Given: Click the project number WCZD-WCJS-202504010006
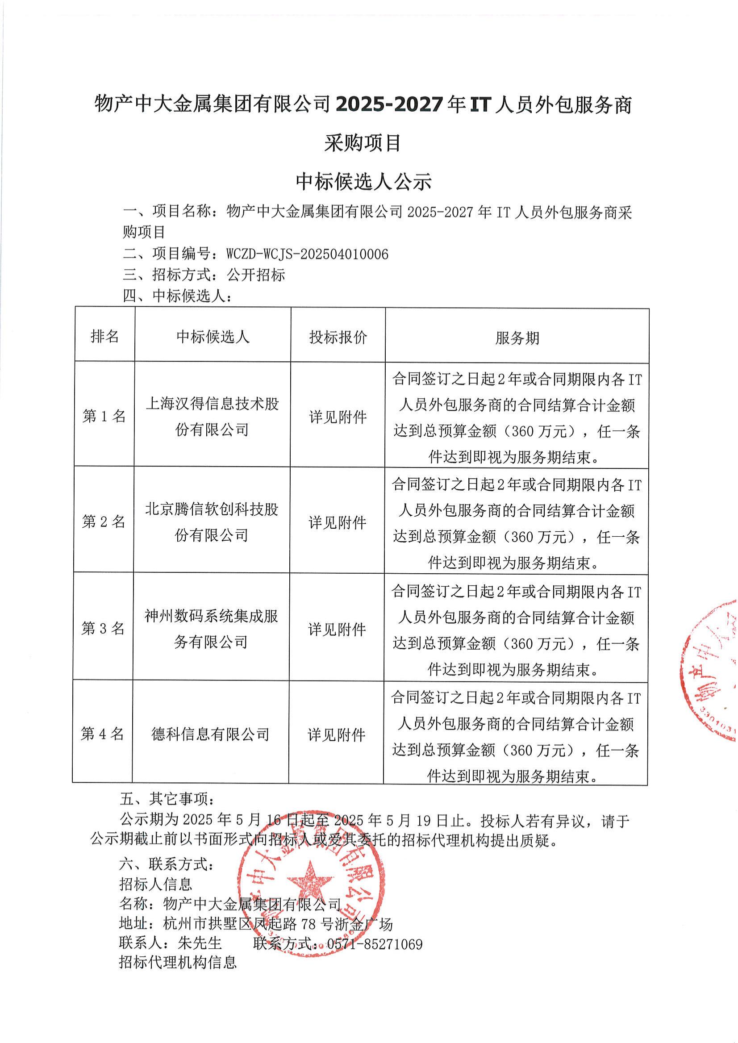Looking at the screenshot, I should coord(307,254).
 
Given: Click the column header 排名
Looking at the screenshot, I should coord(104,336).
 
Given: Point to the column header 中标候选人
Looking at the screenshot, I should coord(213,337).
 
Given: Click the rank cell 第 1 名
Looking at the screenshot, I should coord(104,416).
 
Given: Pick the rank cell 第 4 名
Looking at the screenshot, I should coord(102,734).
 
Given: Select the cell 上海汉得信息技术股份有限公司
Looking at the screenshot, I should coord(212,416).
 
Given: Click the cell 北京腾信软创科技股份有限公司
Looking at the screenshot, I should coord(211,522).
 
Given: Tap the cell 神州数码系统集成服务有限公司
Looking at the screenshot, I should coord(211,629).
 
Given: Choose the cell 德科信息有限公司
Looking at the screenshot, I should coord(210,734).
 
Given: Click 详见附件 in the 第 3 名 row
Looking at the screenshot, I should coord(337,630).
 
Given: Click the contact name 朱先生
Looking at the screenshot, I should coord(200,943).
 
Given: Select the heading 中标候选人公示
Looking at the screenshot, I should coord(363,181).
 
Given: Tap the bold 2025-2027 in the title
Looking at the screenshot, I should coord(388,105).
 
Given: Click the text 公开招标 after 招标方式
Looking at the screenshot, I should coord(256,275).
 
